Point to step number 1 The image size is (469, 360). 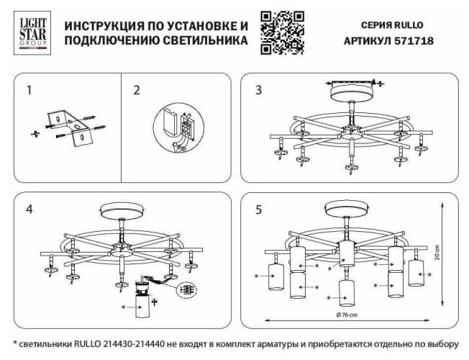tap(29, 91)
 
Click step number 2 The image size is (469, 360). tap(137, 91)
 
